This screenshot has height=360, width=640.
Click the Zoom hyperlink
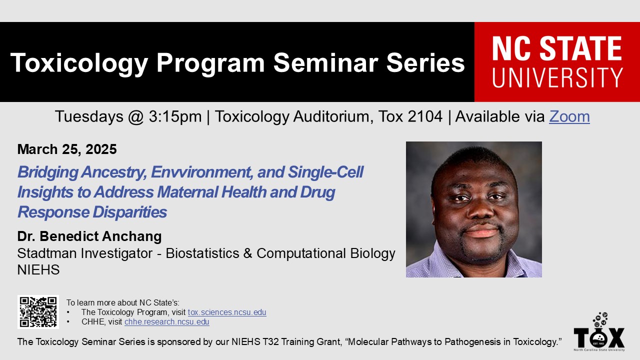click(569, 116)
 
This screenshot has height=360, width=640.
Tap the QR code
click(38, 311)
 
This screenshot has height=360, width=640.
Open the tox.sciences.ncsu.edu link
click(227, 312)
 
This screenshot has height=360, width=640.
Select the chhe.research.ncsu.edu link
click(167, 321)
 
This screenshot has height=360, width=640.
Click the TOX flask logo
click(599, 331)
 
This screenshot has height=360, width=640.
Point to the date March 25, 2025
click(67, 149)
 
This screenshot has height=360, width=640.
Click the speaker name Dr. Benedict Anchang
click(89, 236)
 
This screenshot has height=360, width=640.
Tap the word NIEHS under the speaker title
click(38, 269)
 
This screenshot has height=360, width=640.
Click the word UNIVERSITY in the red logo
click(557, 77)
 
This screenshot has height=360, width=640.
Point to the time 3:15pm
click(175, 117)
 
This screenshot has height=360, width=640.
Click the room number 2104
click(425, 116)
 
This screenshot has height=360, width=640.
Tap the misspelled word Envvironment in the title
click(202, 172)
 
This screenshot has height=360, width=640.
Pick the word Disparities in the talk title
click(129, 212)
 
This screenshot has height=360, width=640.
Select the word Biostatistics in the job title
click(202, 253)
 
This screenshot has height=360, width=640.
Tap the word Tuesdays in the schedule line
click(89, 117)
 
